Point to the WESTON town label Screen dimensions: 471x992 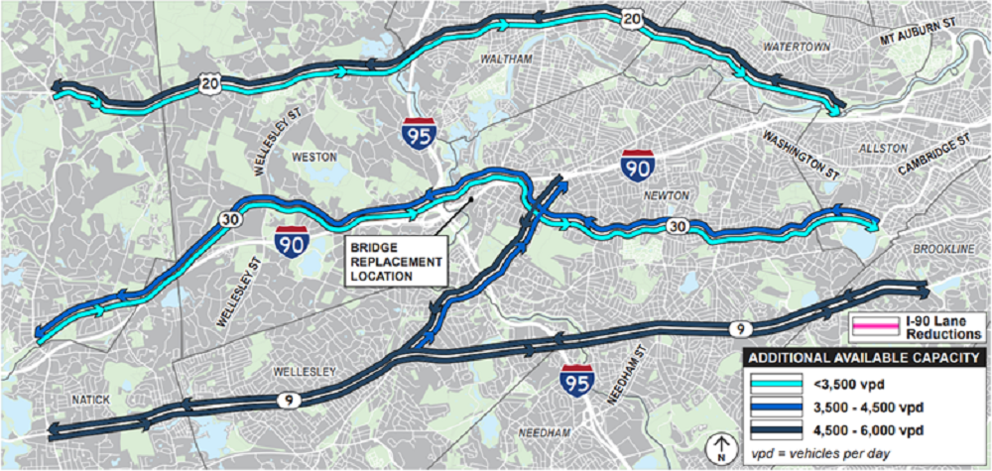315,157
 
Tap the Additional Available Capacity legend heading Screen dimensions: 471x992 864,358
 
